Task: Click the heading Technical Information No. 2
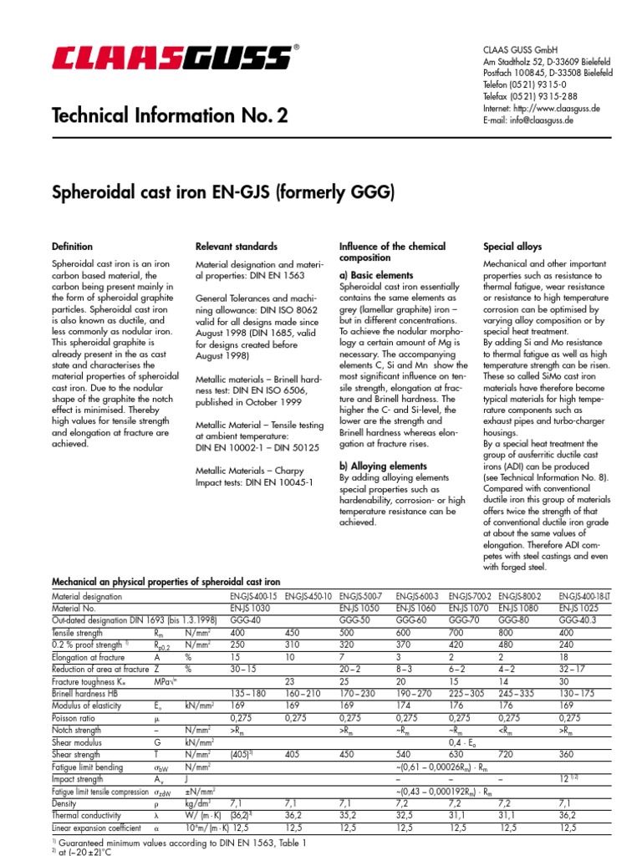(x=170, y=115)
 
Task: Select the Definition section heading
(x=73, y=247)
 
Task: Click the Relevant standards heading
(x=237, y=247)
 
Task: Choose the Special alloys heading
(x=513, y=247)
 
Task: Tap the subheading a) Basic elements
(x=375, y=275)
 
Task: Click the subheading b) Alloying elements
(x=383, y=466)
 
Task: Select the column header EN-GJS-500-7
(x=360, y=597)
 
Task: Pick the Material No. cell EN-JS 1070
(x=469, y=609)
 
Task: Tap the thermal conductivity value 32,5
(x=406, y=814)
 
